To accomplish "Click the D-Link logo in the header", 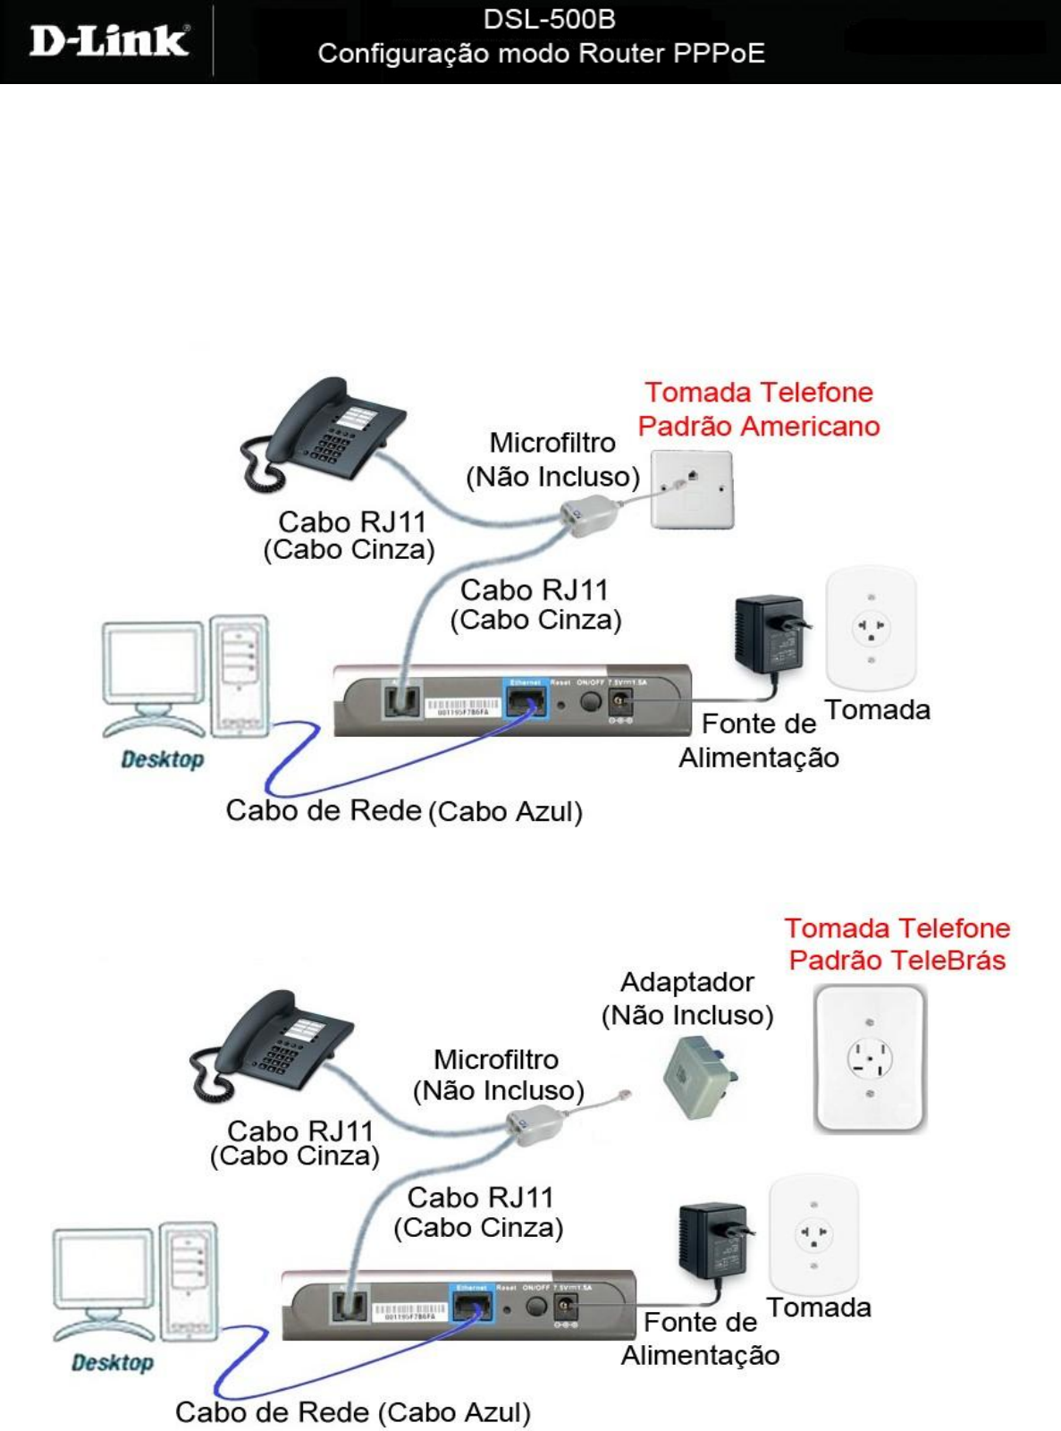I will click(x=109, y=42).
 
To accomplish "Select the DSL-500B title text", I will click(x=549, y=20).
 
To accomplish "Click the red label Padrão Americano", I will click(x=759, y=426).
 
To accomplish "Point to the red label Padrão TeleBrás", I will click(x=897, y=960).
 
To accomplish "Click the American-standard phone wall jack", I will click(x=692, y=489).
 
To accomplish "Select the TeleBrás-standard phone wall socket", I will click(x=869, y=1058).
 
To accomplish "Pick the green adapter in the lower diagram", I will click(x=700, y=1075).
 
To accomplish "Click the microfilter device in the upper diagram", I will click(x=586, y=517).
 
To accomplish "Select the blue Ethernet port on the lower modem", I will click(x=471, y=1306).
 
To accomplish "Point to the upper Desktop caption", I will click(x=163, y=759).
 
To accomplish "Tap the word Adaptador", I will click(x=686, y=982).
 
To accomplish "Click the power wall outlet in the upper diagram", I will click(x=871, y=626).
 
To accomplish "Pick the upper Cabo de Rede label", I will click(x=324, y=810).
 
